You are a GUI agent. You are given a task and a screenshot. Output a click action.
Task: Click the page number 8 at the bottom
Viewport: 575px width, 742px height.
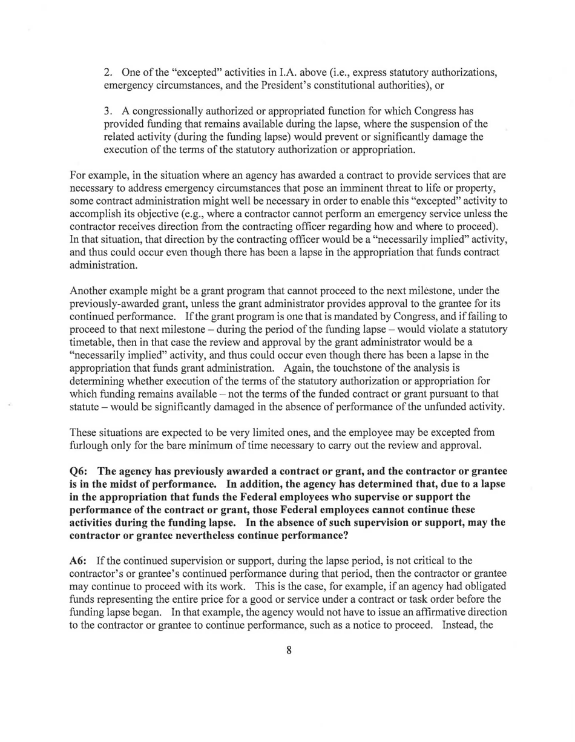(289, 651)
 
